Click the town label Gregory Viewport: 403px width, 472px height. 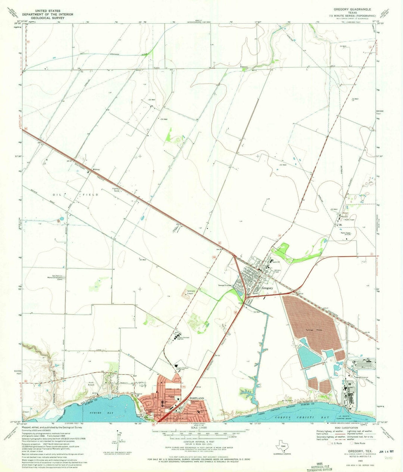267,288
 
